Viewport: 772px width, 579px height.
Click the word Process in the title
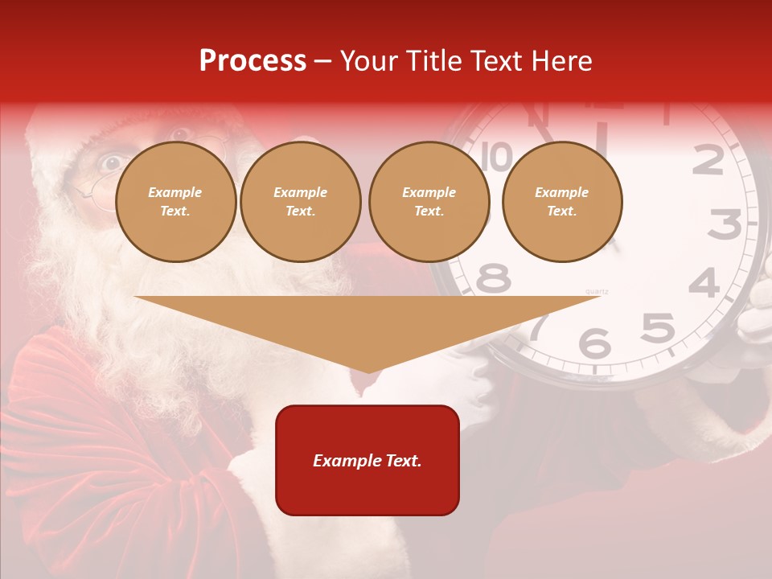[x=253, y=60]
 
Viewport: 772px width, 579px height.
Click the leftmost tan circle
[x=176, y=202]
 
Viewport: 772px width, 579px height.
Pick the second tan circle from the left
[x=301, y=202]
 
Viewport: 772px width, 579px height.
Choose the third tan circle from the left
[x=429, y=202]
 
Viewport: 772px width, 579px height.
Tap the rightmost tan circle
[x=562, y=202]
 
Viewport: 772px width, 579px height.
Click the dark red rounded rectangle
[x=368, y=460]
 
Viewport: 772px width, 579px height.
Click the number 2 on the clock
[x=708, y=161]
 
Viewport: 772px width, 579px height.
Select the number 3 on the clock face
[x=725, y=224]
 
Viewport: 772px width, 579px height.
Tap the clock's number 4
[x=704, y=283]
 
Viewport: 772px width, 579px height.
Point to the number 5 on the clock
[x=657, y=328]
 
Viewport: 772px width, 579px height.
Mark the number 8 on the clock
[x=493, y=278]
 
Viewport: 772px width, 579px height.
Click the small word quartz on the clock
[x=597, y=291]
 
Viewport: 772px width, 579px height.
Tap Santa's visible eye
[x=110, y=162]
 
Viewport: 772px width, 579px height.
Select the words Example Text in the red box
[x=368, y=461]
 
